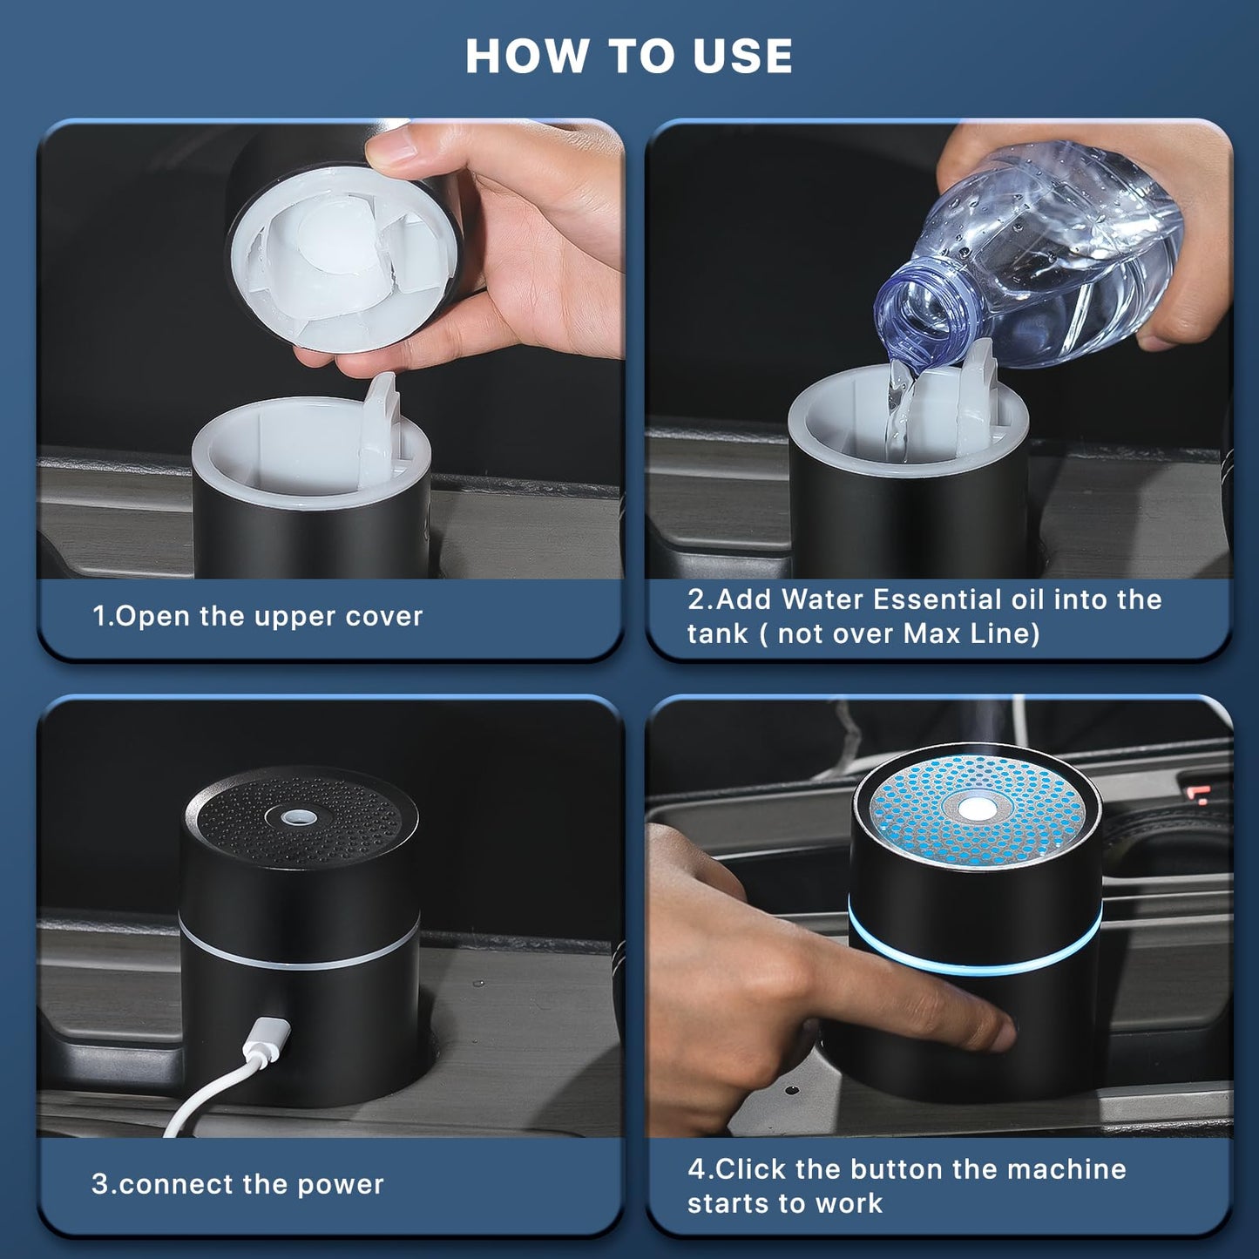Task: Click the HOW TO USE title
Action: click(x=629, y=57)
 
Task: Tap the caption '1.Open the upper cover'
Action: click(x=258, y=616)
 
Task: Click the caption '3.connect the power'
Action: click(x=238, y=1184)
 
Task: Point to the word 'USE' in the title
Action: click(x=742, y=57)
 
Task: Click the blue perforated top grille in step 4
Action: click(x=1028, y=810)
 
